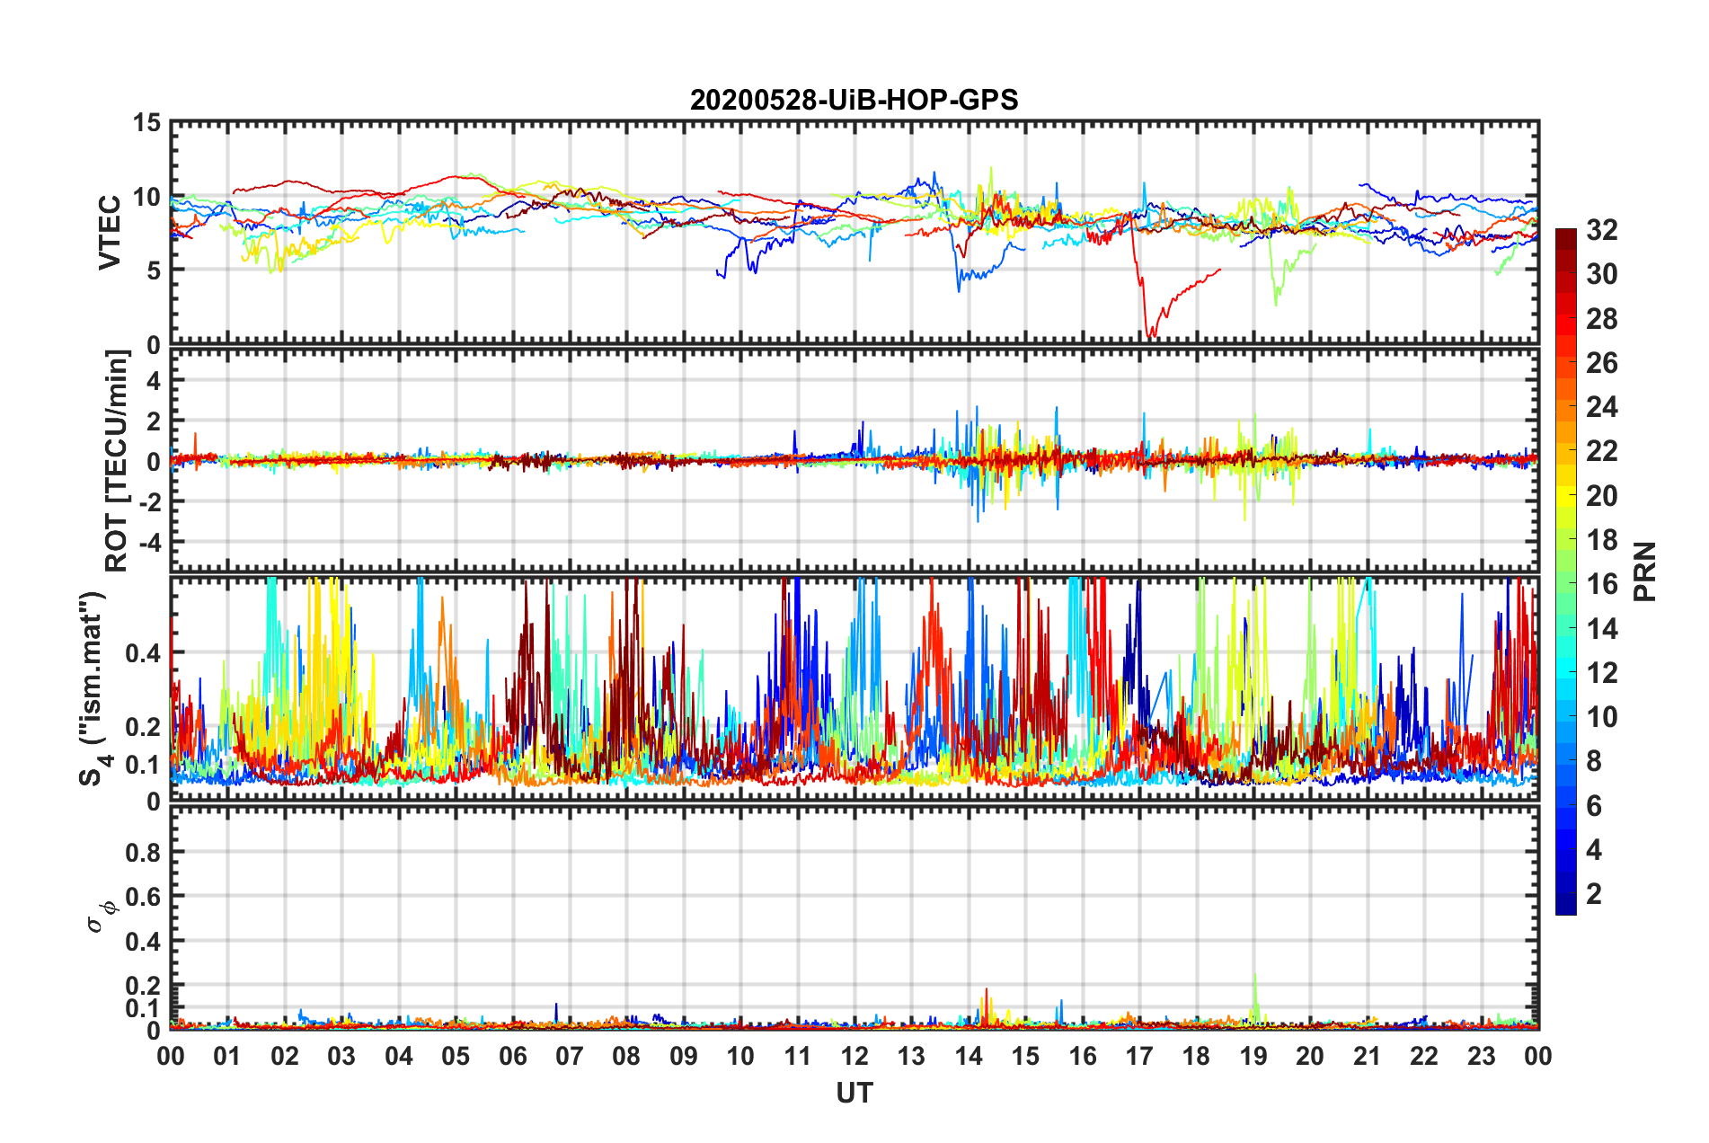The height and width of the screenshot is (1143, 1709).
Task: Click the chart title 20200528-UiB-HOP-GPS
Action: point(854,100)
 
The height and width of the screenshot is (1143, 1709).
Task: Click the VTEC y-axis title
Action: point(110,233)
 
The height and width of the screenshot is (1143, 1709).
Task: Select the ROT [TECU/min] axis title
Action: point(117,461)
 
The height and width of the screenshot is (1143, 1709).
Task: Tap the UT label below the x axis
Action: point(854,1093)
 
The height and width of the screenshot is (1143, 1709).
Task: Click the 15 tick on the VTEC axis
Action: point(146,123)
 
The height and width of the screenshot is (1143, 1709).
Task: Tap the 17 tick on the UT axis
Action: point(1139,1056)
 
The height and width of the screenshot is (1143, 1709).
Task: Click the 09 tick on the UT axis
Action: point(684,1056)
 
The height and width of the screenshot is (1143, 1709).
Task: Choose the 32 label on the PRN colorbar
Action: point(1601,230)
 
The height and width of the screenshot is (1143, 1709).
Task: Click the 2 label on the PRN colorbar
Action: point(1594,893)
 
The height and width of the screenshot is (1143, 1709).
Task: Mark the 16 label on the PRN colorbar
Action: point(1601,584)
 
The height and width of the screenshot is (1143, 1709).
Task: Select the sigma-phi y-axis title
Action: point(102,915)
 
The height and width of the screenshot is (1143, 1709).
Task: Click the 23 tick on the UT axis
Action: point(1482,1056)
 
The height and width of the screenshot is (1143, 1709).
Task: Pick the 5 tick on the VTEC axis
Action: point(154,270)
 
